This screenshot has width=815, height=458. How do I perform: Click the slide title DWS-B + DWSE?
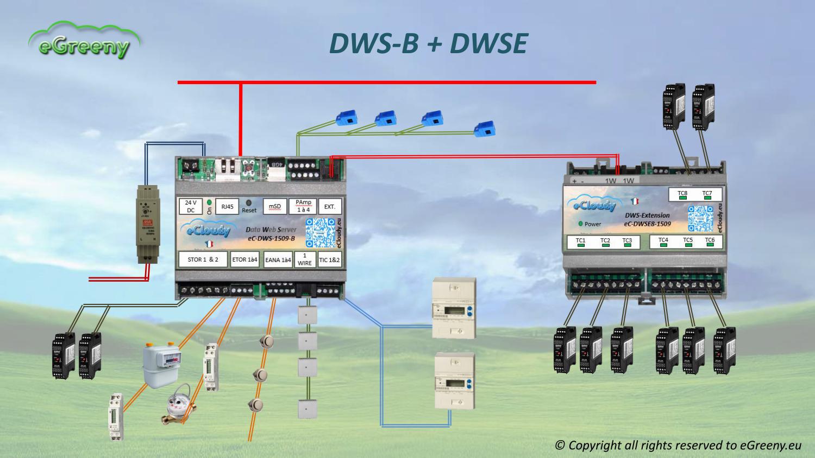(x=428, y=43)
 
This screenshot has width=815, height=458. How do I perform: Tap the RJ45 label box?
(x=227, y=207)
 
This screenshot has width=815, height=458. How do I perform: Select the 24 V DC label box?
(x=190, y=206)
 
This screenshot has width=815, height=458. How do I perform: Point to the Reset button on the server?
(x=249, y=202)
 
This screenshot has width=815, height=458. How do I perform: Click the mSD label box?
(x=275, y=207)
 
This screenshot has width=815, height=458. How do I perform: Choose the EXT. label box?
(x=330, y=207)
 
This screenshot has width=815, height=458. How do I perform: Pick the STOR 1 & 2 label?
(x=203, y=259)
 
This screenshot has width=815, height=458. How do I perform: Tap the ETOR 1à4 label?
(x=244, y=259)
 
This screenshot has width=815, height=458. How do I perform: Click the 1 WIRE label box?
(x=305, y=259)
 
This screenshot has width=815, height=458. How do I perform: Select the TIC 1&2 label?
(x=329, y=260)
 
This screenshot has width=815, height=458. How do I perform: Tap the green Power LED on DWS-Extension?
(x=581, y=224)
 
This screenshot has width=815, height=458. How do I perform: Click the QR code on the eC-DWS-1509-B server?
(x=320, y=233)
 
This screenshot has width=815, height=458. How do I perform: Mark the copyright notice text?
(x=678, y=445)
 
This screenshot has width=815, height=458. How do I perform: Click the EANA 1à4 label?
(x=278, y=260)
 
